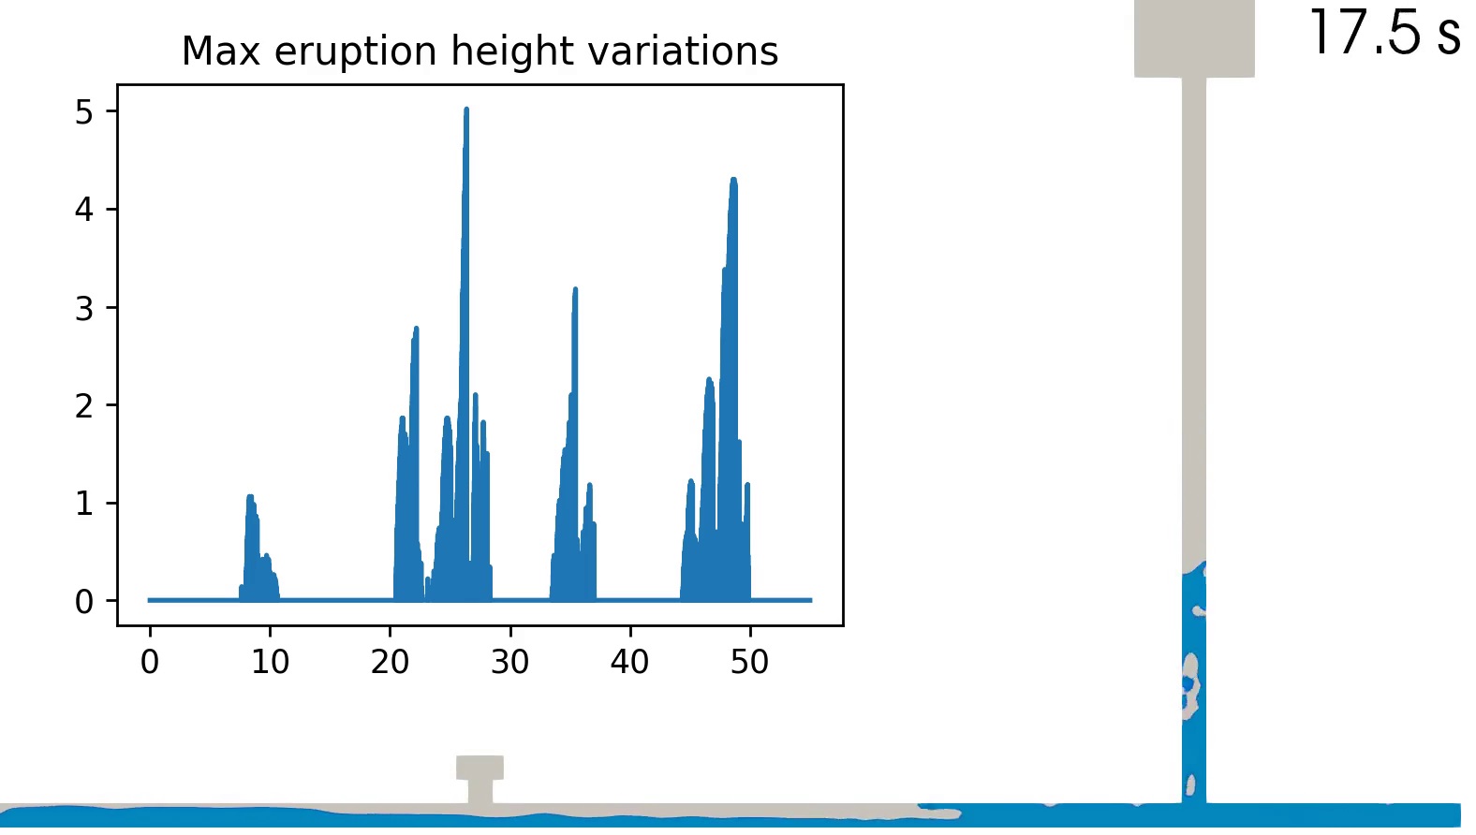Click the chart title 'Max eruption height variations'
(480, 51)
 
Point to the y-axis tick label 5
(84, 112)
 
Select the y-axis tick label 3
(84, 308)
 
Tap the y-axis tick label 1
(84, 505)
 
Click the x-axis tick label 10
(270, 661)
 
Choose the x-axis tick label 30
(510, 661)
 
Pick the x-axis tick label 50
(750, 661)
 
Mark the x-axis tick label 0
(150, 661)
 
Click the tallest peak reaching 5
(466, 110)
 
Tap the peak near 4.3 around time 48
(733, 181)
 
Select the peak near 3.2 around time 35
(575, 290)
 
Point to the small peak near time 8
(250, 498)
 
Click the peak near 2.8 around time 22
(416, 330)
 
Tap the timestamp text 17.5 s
(1385, 32)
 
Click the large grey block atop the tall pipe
(1194, 38)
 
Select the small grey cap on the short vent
(480, 768)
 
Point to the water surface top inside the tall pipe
(1194, 567)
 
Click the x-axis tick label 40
(630, 661)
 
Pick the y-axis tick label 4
(84, 211)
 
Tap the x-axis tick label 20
(391, 661)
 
